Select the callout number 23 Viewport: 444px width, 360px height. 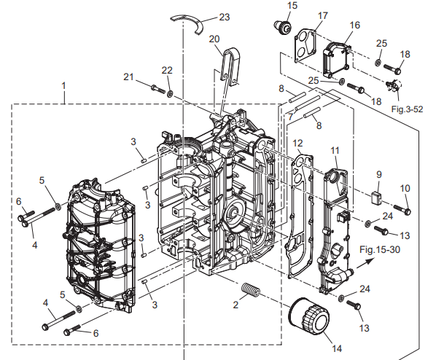[x=224, y=16]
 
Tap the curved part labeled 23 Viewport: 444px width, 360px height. [x=190, y=21]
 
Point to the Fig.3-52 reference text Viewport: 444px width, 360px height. [x=408, y=109]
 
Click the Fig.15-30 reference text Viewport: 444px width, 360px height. [x=379, y=249]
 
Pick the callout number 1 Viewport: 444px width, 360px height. [x=64, y=85]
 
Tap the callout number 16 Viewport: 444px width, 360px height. [x=355, y=26]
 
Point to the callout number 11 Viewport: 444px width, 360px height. [x=335, y=150]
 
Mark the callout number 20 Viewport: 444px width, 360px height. [x=214, y=39]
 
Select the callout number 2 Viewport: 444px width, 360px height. [x=235, y=305]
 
